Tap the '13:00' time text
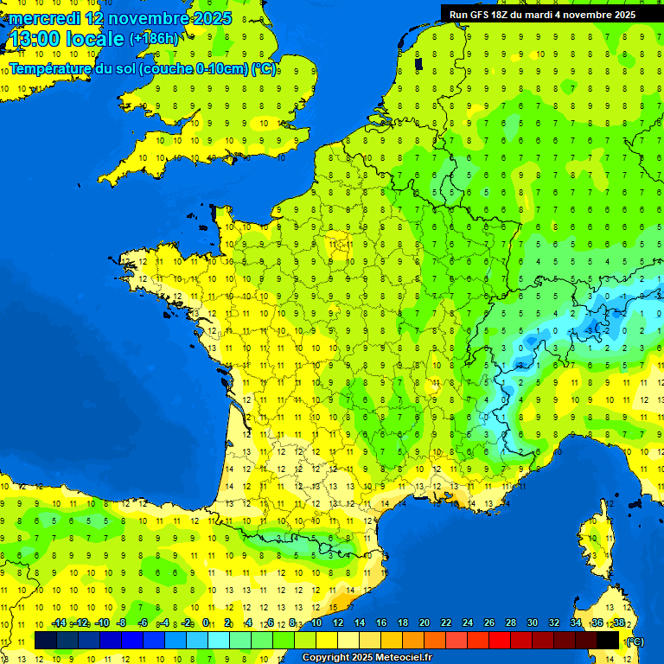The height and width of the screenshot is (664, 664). pyautogui.click(x=35, y=39)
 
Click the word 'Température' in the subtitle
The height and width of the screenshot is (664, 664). pyautogui.click(x=51, y=68)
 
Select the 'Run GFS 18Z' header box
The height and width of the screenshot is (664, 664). pyautogui.click(x=542, y=15)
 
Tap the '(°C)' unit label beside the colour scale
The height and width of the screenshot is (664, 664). pyautogui.click(x=635, y=641)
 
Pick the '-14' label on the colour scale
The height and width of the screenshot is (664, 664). pyautogui.click(x=59, y=622)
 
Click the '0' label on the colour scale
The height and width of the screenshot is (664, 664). pyautogui.click(x=206, y=622)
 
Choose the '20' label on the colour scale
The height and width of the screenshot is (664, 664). pyautogui.click(x=425, y=622)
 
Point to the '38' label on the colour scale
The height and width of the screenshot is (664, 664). pyautogui.click(x=619, y=622)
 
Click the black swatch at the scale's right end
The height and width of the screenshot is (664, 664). pyautogui.click(x=608, y=640)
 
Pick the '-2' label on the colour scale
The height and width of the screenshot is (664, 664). pyautogui.click(x=185, y=622)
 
